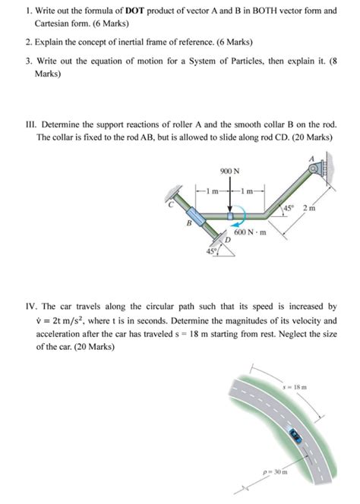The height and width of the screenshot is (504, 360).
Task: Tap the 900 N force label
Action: (230, 172)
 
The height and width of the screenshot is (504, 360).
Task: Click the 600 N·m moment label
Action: (251, 232)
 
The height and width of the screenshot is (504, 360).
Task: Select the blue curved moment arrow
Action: (239, 223)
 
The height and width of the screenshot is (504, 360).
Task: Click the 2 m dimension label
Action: (308, 209)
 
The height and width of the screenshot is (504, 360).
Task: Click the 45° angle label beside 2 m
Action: (288, 208)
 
